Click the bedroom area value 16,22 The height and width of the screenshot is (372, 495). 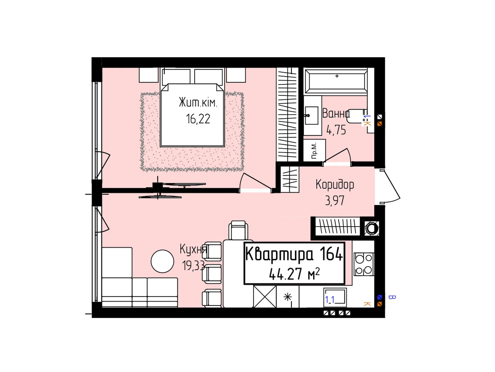[198, 119]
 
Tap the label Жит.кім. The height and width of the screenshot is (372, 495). [198, 103]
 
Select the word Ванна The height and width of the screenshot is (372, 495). [336, 113]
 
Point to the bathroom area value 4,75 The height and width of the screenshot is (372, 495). [336, 130]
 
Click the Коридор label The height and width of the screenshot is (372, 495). [335, 184]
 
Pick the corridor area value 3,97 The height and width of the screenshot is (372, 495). [334, 201]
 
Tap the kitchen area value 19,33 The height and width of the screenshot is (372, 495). [193, 266]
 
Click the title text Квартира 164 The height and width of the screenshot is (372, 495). [294, 254]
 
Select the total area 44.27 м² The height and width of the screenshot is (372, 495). [294, 274]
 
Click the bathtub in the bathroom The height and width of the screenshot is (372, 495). [336, 81]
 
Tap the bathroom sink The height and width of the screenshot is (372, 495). [312, 116]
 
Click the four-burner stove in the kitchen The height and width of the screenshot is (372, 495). [364, 264]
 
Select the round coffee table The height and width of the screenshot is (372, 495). [162, 261]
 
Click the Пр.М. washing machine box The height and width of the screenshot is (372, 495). [314, 150]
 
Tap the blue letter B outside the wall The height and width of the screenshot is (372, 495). [392, 297]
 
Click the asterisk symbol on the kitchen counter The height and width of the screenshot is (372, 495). [288, 297]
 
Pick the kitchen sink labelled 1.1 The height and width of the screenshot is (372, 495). [335, 297]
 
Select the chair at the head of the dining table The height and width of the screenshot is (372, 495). [238, 230]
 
